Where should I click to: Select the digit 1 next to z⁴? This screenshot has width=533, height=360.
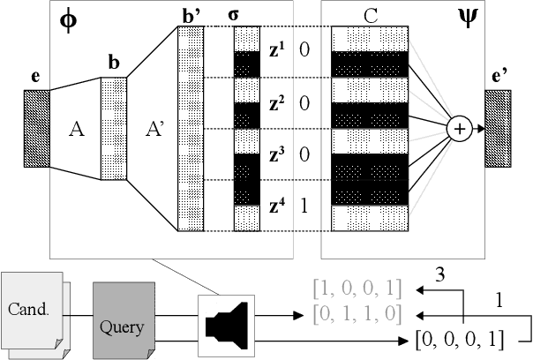[x=304, y=206]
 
